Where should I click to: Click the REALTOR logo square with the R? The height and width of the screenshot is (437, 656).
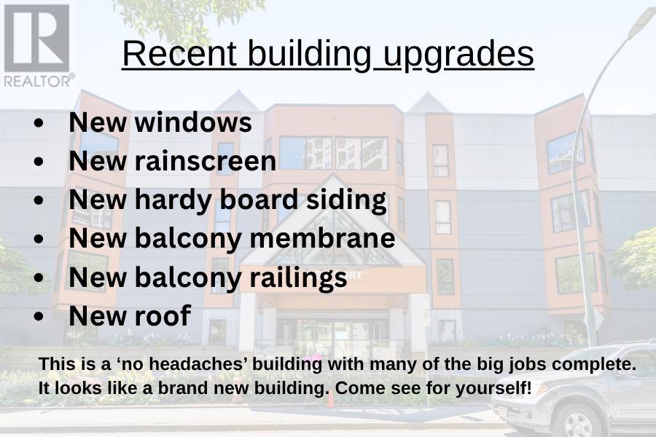pyautogui.click(x=37, y=38)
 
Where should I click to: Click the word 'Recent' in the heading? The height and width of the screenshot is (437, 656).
pyautogui.click(x=179, y=53)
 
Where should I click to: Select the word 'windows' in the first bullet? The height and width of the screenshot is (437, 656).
pyautogui.click(x=193, y=122)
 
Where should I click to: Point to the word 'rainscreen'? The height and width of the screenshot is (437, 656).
pyautogui.click(x=206, y=161)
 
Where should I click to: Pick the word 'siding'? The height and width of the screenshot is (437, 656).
pyautogui.click(x=346, y=200)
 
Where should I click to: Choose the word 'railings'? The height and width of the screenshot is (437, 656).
pyautogui.click(x=298, y=278)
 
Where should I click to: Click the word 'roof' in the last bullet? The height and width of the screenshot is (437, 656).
pyautogui.click(x=163, y=315)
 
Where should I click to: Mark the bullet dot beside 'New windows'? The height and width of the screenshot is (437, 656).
pyautogui.click(x=39, y=123)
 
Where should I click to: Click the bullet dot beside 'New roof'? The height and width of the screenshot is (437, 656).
pyautogui.click(x=39, y=317)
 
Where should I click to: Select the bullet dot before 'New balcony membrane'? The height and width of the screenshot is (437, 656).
pyautogui.click(x=39, y=239)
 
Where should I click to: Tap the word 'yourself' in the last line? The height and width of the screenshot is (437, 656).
pyautogui.click(x=491, y=389)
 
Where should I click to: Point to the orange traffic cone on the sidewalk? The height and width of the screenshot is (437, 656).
pyautogui.click(x=330, y=399)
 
